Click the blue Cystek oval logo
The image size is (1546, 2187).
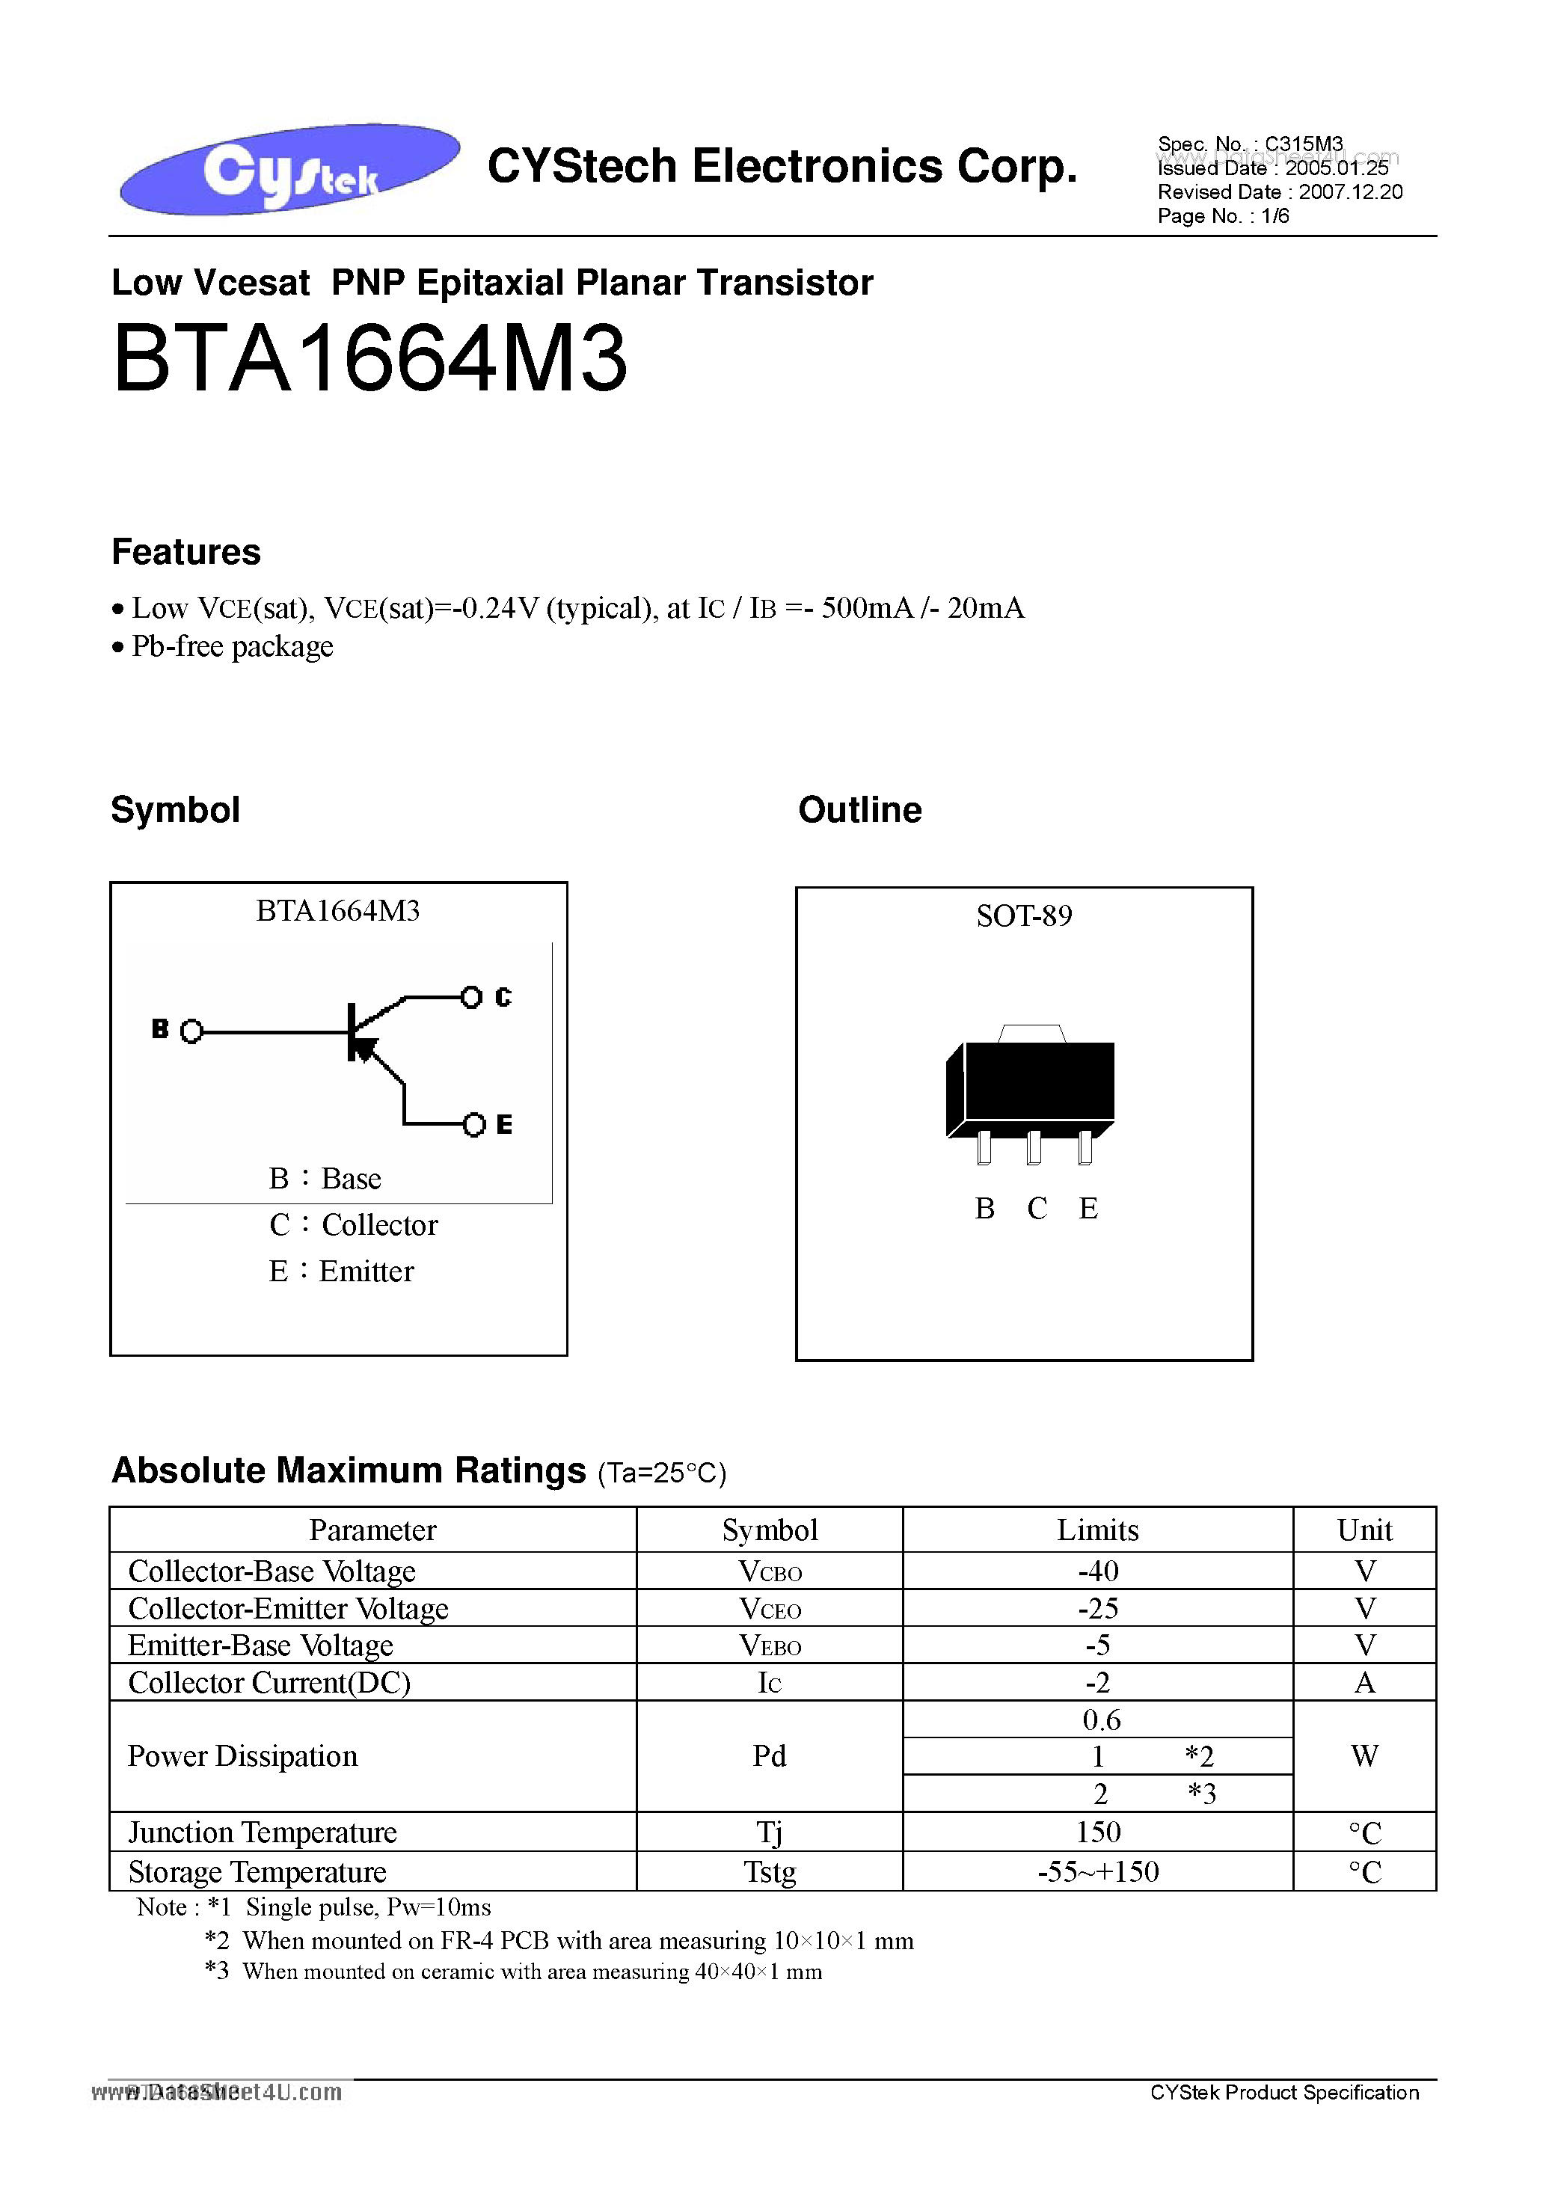[x=289, y=168]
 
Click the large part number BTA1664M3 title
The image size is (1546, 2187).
[x=369, y=359]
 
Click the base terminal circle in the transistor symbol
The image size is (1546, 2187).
[x=191, y=1031]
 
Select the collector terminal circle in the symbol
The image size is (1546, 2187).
[x=470, y=997]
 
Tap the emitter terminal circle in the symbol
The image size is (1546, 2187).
[x=473, y=1125]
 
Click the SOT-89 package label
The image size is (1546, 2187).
[x=1024, y=916]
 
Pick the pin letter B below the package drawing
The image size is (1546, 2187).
[x=985, y=1209]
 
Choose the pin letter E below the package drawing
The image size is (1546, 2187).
[x=1088, y=1209]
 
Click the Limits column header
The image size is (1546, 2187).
[x=1097, y=1530]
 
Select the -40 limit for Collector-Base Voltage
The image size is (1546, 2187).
[x=1097, y=1571]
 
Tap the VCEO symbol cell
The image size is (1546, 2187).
[x=770, y=1609]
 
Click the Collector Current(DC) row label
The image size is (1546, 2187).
[x=269, y=1683]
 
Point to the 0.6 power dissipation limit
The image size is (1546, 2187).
[x=1101, y=1720]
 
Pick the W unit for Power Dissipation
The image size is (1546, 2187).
[x=1364, y=1755]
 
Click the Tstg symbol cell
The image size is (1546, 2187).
[x=770, y=1871]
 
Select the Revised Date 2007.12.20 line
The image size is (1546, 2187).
[x=1279, y=192]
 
